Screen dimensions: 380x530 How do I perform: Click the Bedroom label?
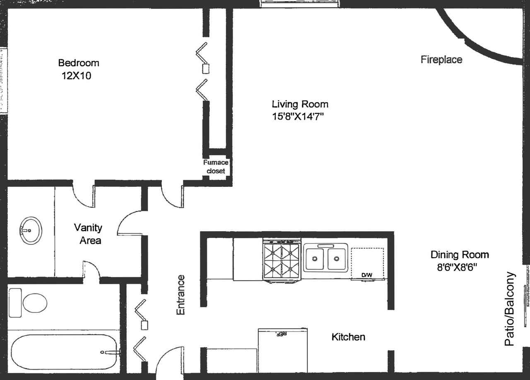(79, 63)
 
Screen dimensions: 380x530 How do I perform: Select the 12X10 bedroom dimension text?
(77, 76)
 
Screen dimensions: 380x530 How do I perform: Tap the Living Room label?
(300, 104)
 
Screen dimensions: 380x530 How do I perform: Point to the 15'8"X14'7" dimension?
(297, 117)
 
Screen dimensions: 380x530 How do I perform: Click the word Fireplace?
(441, 60)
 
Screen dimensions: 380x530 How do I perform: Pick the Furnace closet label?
(215, 167)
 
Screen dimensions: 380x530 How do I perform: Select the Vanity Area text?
(88, 234)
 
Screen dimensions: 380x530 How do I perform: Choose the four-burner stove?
(282, 261)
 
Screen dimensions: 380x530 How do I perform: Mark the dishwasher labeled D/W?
(367, 264)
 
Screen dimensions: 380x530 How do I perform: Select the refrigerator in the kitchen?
(283, 351)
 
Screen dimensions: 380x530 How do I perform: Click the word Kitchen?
(348, 337)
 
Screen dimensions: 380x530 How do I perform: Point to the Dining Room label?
(460, 254)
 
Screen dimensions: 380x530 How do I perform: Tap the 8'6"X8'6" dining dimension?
(458, 267)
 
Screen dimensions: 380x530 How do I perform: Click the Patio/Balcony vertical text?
(510, 309)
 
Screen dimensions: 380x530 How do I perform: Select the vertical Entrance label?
(181, 295)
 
